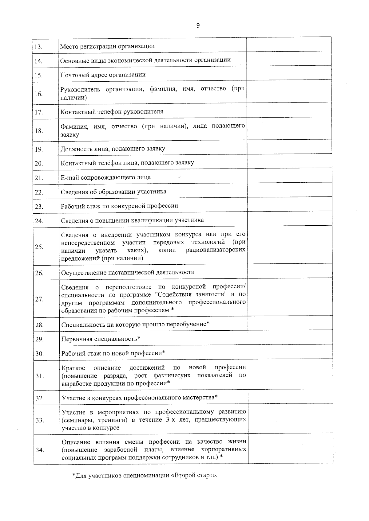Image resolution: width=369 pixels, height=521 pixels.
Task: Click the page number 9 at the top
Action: pyautogui.click(x=198, y=25)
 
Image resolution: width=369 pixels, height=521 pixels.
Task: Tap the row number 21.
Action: pyautogui.click(x=39, y=178)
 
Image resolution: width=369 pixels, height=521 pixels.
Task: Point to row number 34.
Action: pyautogui.click(x=40, y=450)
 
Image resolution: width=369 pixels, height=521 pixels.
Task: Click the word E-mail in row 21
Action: pyautogui.click(x=70, y=177)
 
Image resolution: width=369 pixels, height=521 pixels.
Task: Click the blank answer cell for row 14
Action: pyautogui.click(x=289, y=59)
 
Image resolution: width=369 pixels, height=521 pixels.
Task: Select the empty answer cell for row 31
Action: pyautogui.click(x=291, y=374)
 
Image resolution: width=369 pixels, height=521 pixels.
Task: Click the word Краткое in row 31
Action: pyautogui.click(x=73, y=368)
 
